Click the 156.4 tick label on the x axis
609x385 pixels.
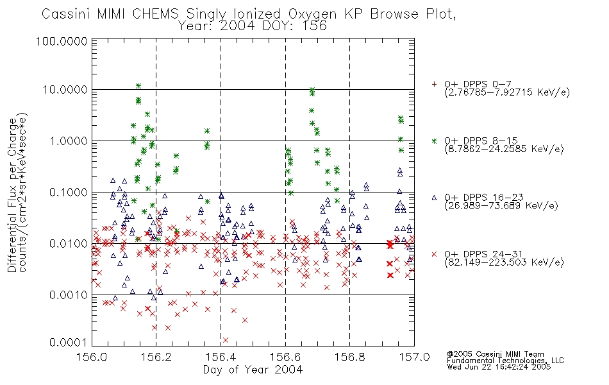(x=221, y=357)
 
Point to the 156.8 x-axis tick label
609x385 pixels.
(x=350, y=357)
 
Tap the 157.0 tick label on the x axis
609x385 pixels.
(x=414, y=357)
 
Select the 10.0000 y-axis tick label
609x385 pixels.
(x=65, y=90)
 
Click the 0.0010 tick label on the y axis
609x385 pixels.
(x=69, y=295)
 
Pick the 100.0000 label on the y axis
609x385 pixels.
(x=62, y=41)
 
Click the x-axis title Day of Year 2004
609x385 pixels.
(x=253, y=370)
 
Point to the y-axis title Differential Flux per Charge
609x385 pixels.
(x=12, y=194)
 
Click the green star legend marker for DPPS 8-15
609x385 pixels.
(x=434, y=141)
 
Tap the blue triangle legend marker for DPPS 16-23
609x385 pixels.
(x=434, y=198)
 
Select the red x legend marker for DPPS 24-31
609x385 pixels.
(x=434, y=254)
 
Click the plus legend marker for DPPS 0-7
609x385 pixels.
(x=434, y=84)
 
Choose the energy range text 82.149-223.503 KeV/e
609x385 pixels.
(x=504, y=262)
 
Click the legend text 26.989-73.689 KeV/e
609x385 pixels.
(x=501, y=206)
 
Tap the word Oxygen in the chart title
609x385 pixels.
(x=313, y=14)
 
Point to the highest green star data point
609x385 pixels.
(x=138, y=85)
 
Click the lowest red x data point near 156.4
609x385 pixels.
(x=225, y=340)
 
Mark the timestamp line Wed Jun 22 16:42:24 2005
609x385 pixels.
(x=499, y=367)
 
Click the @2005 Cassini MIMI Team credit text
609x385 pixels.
(x=495, y=354)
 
